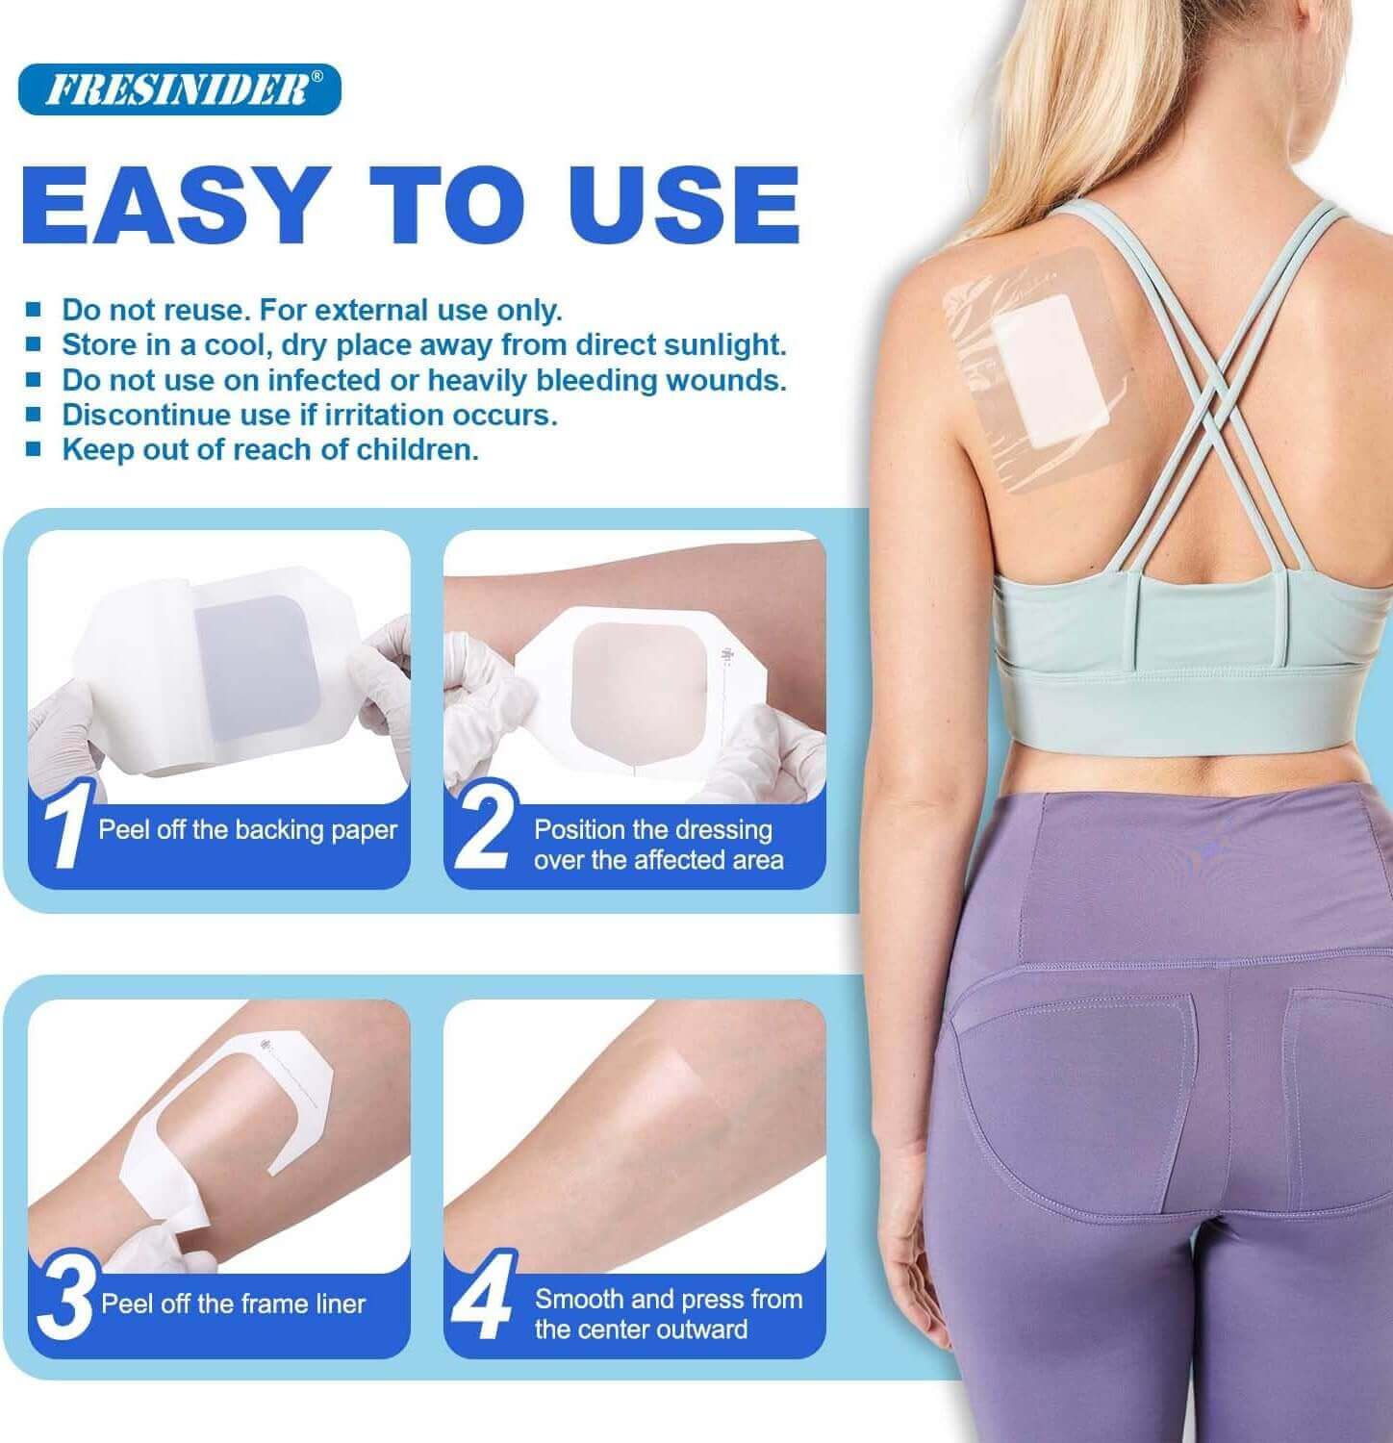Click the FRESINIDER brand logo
click(x=179, y=89)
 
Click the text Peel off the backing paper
click(x=248, y=830)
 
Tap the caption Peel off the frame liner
click(x=234, y=1304)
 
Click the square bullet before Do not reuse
click(x=35, y=311)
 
